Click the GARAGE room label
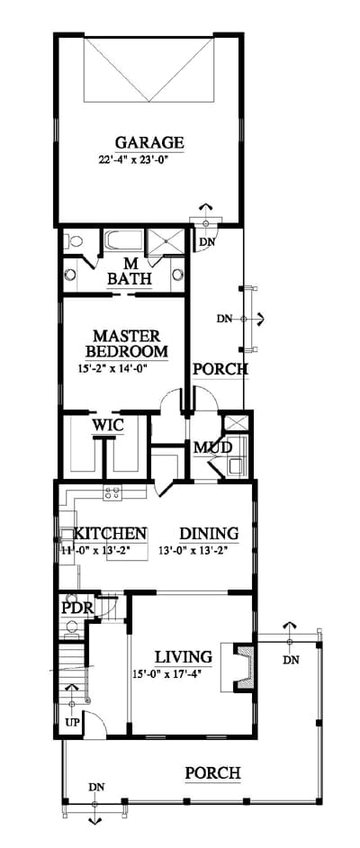click(149, 143)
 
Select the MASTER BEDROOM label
click(127, 343)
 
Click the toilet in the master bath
click(74, 242)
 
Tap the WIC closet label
click(108, 425)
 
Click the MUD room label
click(213, 447)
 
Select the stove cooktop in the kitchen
click(113, 492)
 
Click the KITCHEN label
click(111, 533)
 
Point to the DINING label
click(209, 533)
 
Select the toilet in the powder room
click(71, 628)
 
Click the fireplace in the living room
click(242, 666)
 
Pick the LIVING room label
click(184, 657)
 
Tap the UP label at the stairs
click(72, 723)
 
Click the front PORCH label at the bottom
click(213, 772)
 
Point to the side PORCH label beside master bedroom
click(220, 369)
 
